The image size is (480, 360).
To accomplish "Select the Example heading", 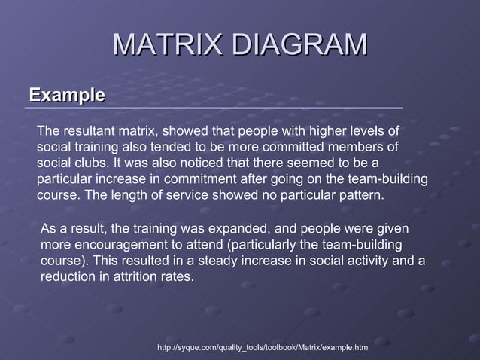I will (66, 96).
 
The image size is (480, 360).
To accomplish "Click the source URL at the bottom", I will (263, 348).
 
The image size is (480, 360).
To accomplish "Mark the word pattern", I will (359, 194).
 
